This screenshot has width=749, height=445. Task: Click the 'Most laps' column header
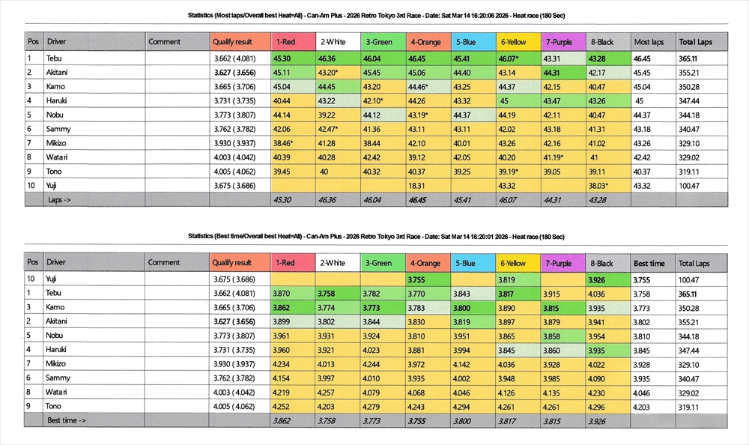coord(649,42)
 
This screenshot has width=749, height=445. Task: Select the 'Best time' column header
coord(649,264)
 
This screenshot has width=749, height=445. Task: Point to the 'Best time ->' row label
coord(67,420)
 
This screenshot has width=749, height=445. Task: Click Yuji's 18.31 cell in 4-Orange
coord(416,185)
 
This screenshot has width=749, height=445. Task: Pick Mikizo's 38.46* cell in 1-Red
coord(282,142)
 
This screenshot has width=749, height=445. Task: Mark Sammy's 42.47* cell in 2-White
coord(328,129)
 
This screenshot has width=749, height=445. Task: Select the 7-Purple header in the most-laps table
coord(559,42)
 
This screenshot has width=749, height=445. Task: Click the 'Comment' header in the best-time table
coord(164,263)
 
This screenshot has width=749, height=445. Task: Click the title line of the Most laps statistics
coord(374,15)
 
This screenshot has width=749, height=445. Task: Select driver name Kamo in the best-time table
coord(56,307)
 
